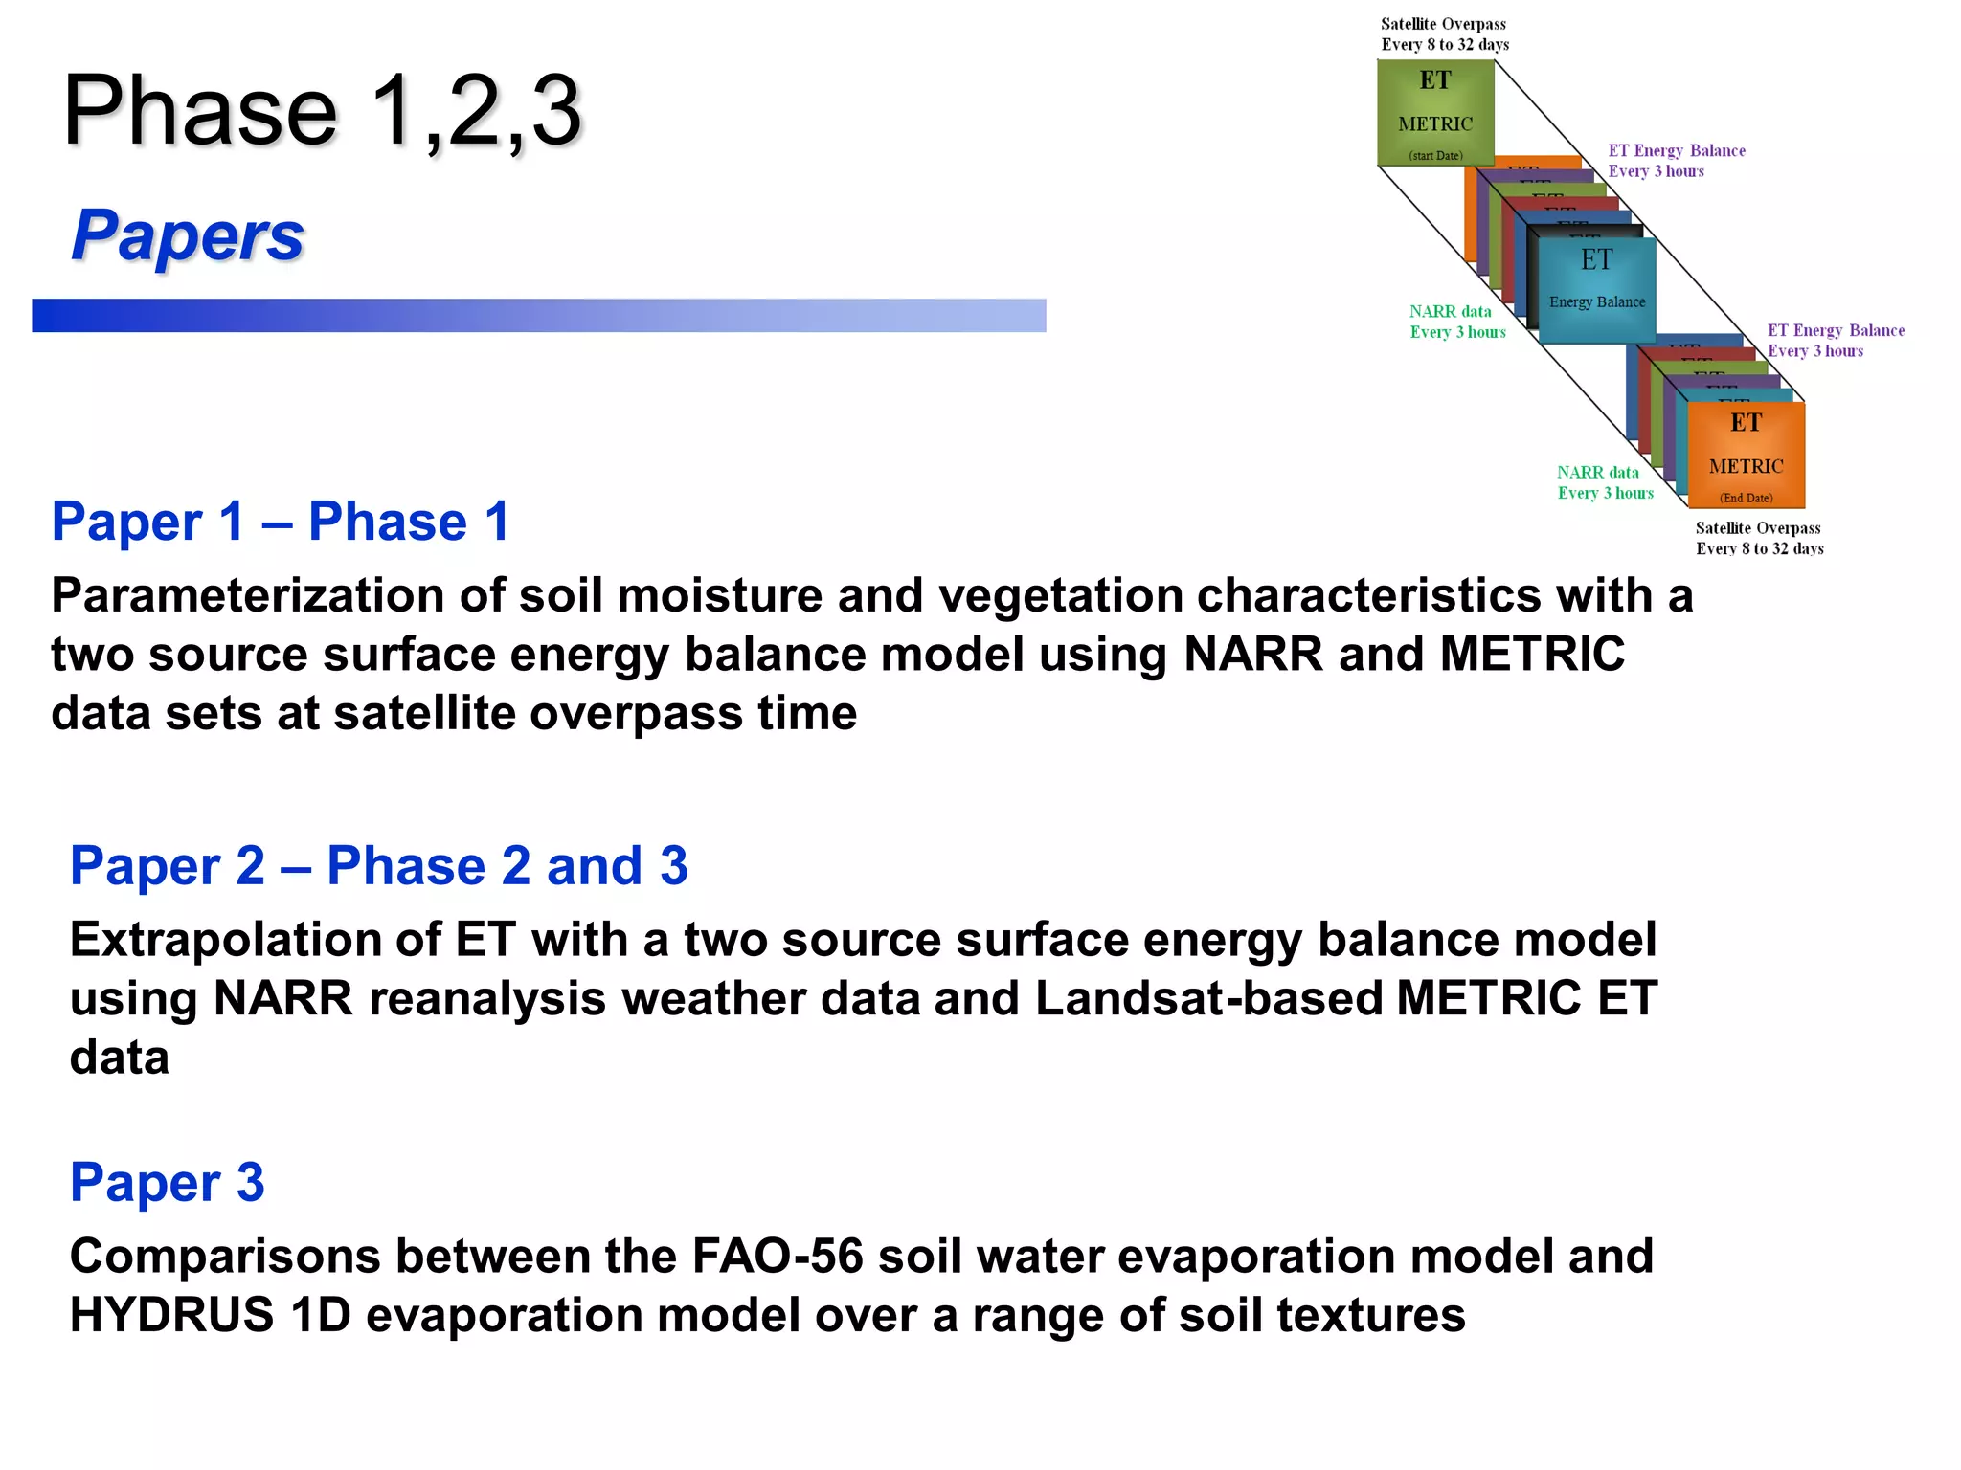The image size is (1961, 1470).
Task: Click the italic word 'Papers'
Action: tap(188, 235)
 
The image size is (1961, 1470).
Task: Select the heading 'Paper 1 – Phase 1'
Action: tap(280, 522)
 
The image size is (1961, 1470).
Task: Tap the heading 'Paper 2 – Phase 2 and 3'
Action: tap(378, 866)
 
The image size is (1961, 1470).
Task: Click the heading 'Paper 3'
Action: tap(167, 1182)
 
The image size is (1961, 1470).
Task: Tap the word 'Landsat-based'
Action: tap(1208, 999)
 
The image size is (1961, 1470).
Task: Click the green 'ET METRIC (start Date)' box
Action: tap(1435, 113)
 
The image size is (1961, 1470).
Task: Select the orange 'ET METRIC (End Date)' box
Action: tap(1746, 456)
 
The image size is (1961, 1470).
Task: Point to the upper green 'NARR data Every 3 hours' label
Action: tap(1456, 322)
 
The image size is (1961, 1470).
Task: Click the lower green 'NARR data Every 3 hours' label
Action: tap(1604, 482)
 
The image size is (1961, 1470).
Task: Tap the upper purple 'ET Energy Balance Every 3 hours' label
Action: tap(1676, 161)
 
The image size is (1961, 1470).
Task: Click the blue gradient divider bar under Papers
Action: tap(538, 316)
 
